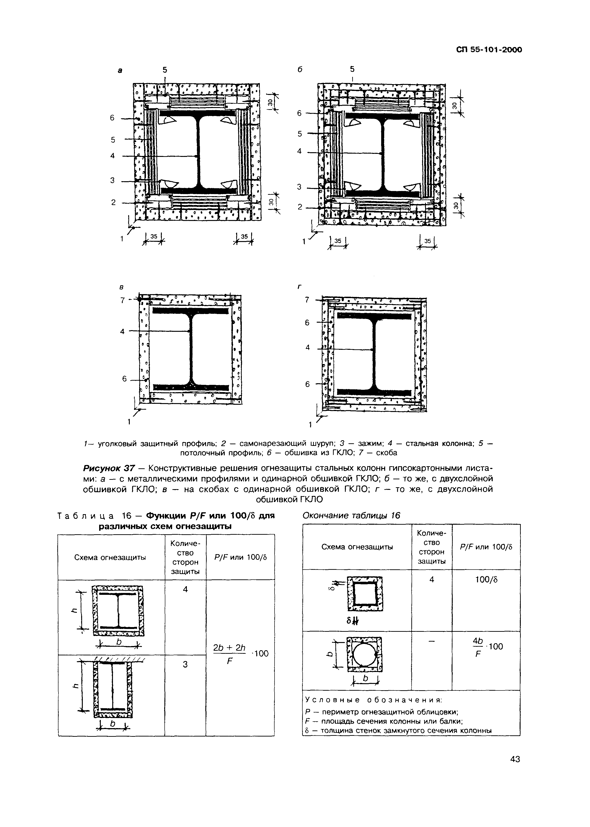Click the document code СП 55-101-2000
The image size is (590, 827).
point(489,50)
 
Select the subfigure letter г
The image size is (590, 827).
point(300,287)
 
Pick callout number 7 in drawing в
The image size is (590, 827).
point(123,300)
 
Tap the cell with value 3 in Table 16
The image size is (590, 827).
point(185,664)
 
